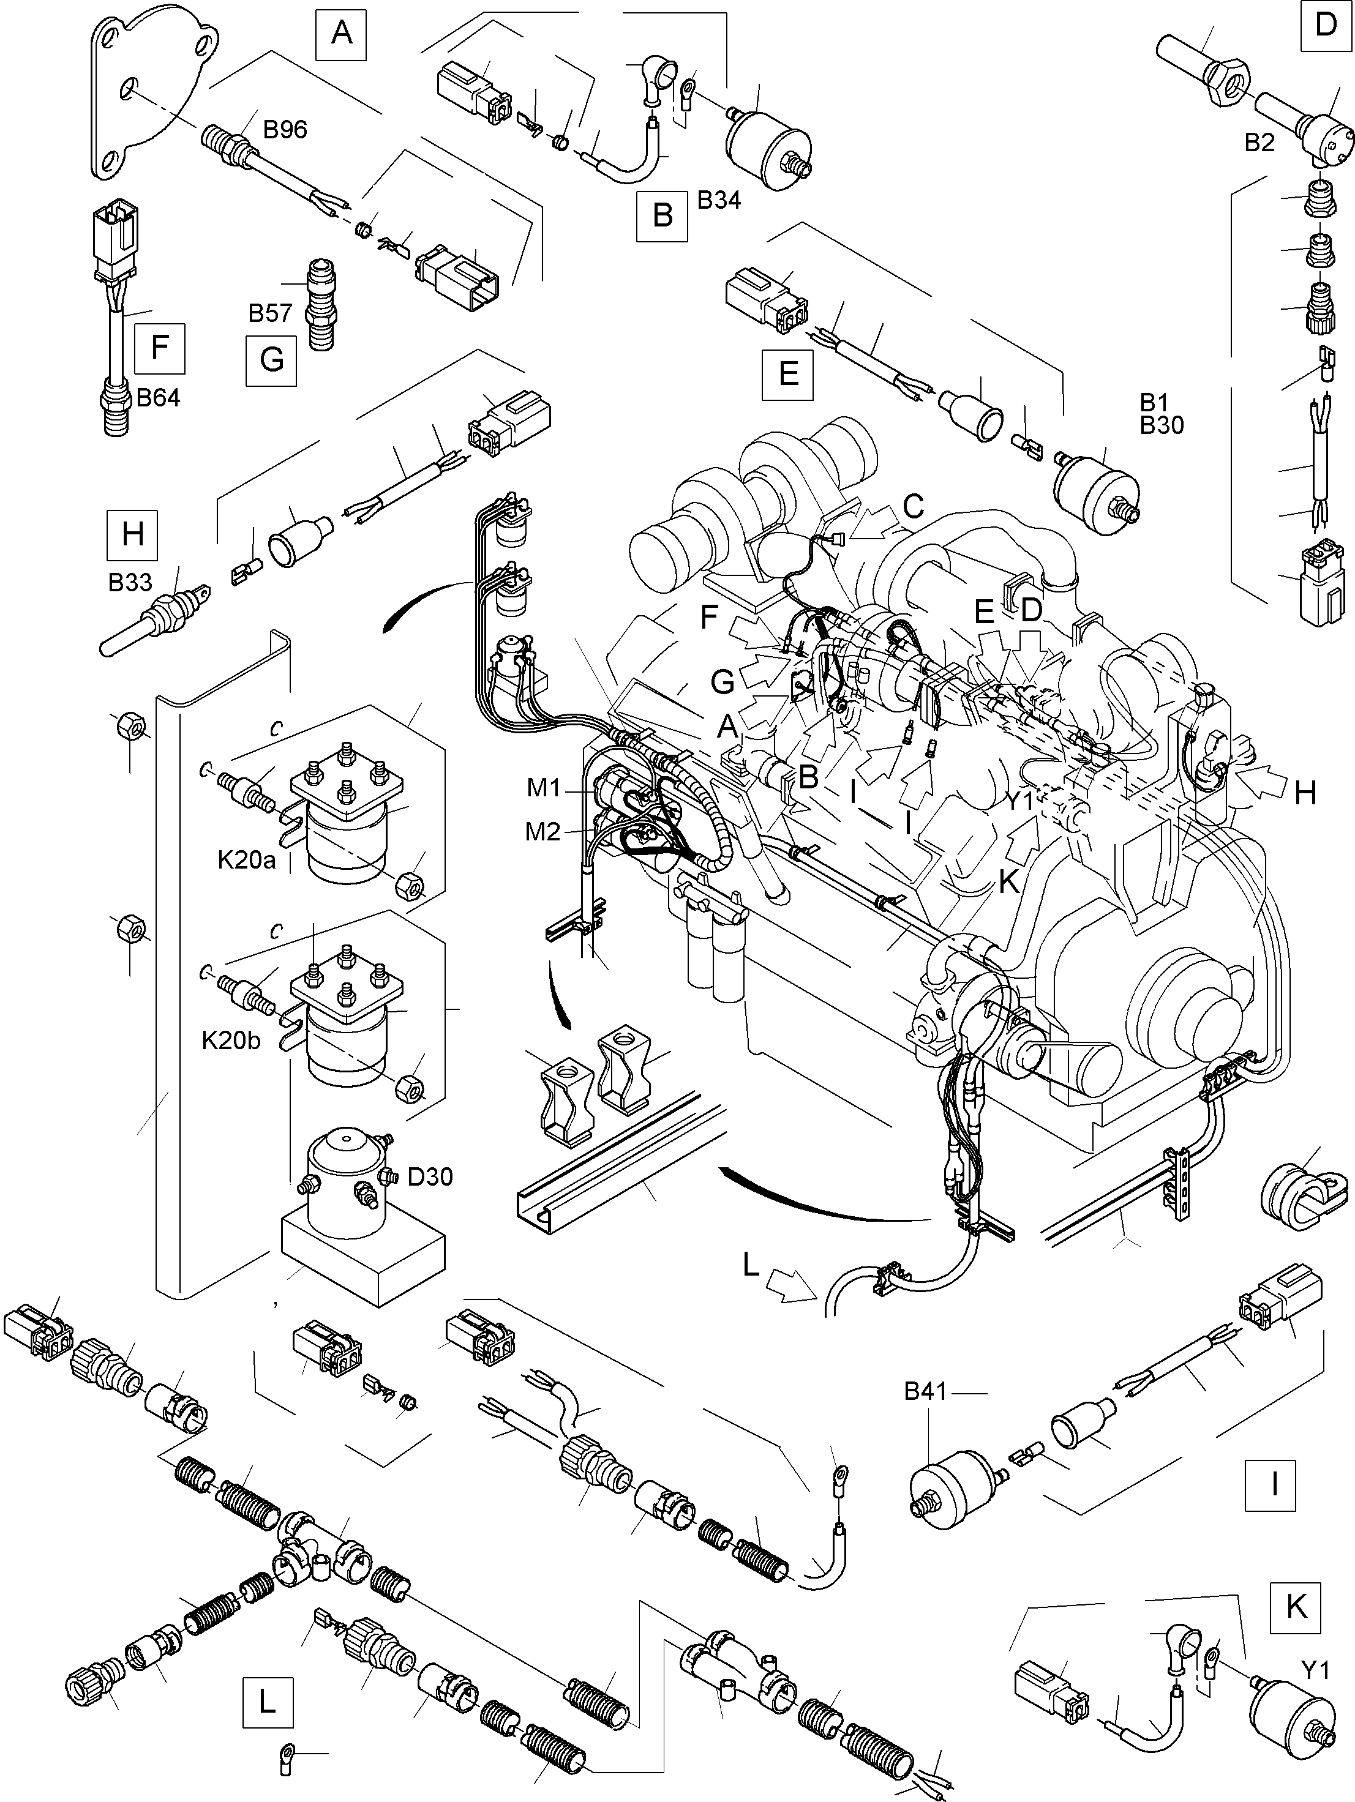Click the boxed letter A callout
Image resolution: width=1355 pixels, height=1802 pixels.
342,34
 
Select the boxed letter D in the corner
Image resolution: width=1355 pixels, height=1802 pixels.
1326,25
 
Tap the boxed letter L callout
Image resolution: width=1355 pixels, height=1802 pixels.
266,1701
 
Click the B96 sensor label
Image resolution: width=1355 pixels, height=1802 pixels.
285,130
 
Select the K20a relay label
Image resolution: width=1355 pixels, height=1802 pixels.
246,860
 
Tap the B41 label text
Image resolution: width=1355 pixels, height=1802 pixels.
926,1391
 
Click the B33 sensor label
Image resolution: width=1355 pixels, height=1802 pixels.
130,581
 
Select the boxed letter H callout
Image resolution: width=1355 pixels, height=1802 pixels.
132,534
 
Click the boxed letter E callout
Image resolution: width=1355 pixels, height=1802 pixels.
788,374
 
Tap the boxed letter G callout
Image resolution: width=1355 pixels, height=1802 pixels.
271,359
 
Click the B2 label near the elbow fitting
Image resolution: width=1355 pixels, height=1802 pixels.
1259,143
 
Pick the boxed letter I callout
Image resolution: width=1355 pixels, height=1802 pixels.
1272,1485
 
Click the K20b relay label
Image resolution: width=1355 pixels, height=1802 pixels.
231,1041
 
